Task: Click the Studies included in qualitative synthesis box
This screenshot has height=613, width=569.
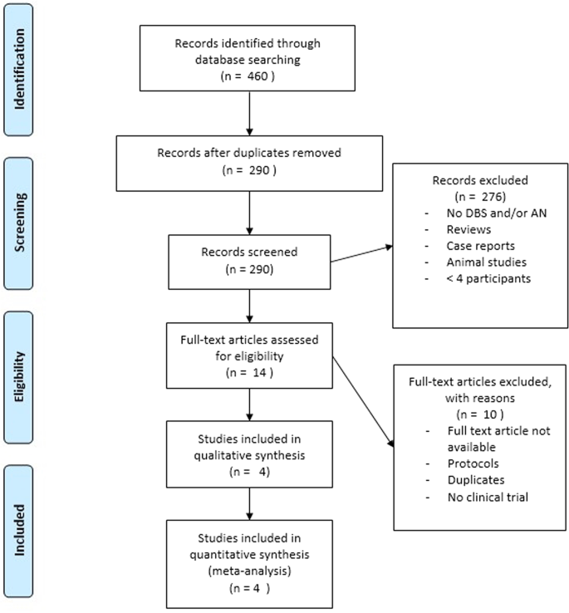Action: pyautogui.click(x=249, y=453)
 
